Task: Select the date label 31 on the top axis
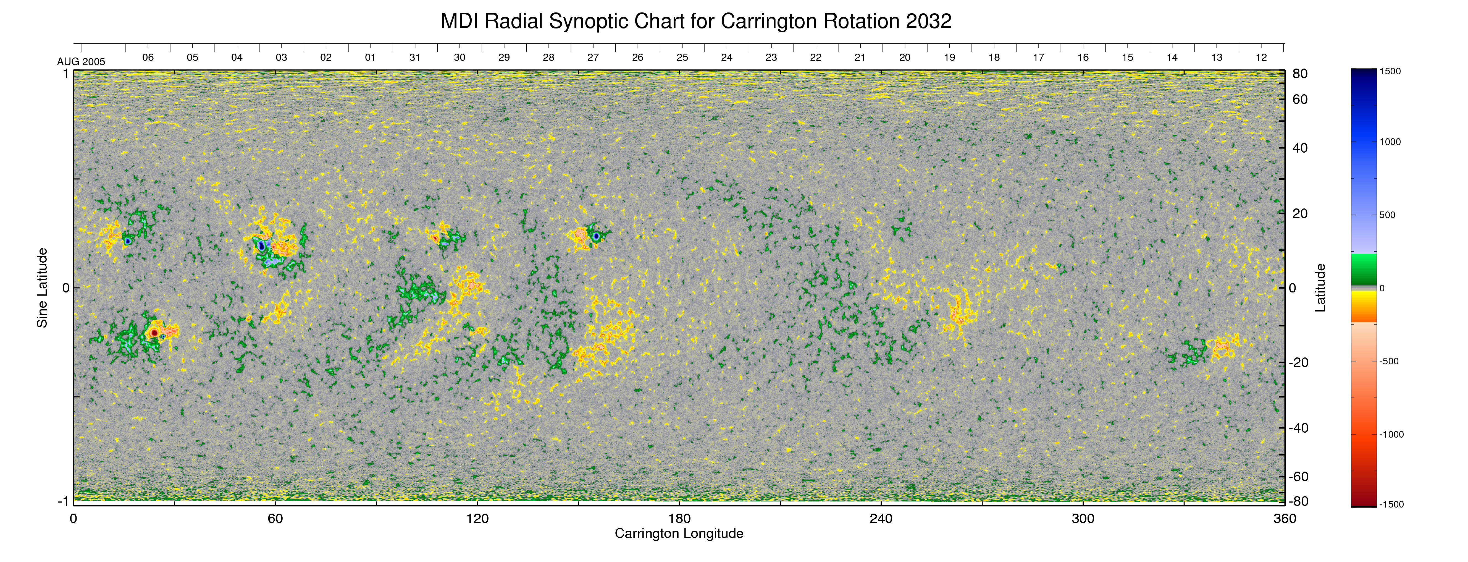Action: (415, 57)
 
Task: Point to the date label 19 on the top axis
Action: (949, 57)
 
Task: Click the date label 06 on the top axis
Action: (148, 57)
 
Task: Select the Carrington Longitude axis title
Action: (679, 534)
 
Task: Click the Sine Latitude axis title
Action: (42, 288)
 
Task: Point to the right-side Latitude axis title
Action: (1320, 288)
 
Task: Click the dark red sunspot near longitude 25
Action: (154, 332)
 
